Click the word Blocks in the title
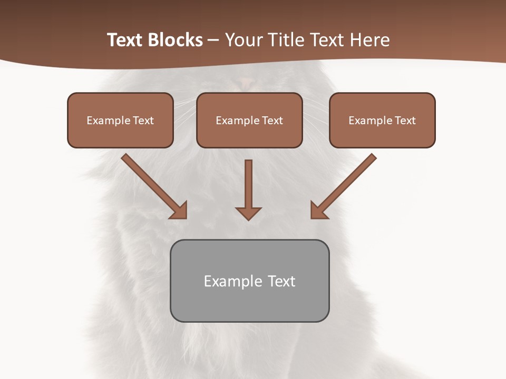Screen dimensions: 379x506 (176, 40)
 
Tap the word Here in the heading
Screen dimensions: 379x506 (369, 40)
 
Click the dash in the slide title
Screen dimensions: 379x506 (214, 41)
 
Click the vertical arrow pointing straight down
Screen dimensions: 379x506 (248, 184)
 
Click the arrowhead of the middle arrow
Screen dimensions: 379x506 (248, 213)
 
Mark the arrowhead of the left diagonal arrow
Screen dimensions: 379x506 (180, 211)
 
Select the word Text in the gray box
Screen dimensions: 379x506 (281, 281)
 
